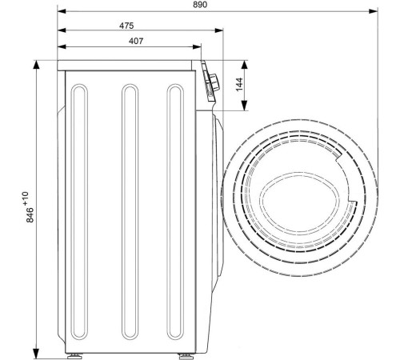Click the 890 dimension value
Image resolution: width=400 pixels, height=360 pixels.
pyautogui.click(x=200, y=5)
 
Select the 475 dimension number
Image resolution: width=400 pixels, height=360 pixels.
pyautogui.click(x=126, y=26)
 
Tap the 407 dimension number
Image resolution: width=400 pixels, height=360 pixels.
pyautogui.click(x=136, y=41)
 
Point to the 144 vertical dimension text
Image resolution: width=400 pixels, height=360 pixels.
pyautogui.click(x=239, y=84)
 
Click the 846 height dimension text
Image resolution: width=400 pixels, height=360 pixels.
pyautogui.click(x=30, y=215)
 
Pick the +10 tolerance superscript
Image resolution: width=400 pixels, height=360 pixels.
pyautogui.click(x=26, y=198)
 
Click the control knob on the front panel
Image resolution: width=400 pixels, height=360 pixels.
pyautogui.click(x=214, y=82)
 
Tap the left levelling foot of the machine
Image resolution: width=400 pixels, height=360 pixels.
pyautogui.click(x=74, y=356)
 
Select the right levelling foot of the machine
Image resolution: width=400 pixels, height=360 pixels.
pyautogui.click(x=186, y=356)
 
